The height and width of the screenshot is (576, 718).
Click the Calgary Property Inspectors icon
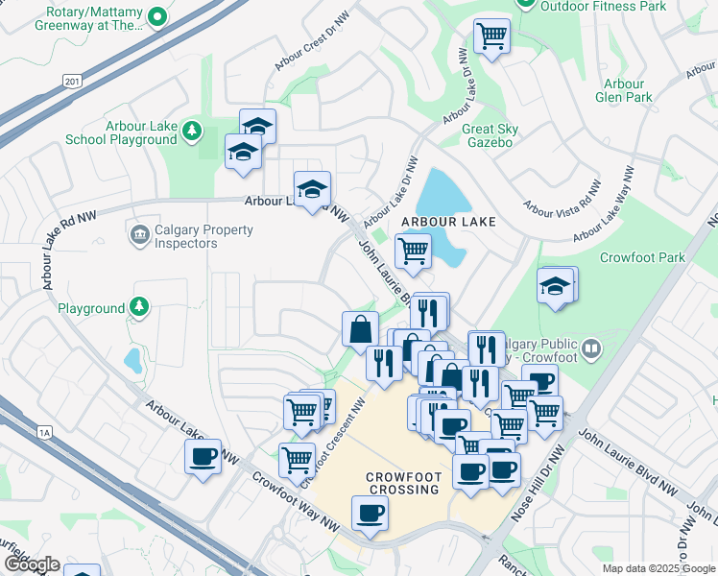coord(139,233)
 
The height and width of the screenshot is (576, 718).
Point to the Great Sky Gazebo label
coord(490,135)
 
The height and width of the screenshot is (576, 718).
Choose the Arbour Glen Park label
coord(624,90)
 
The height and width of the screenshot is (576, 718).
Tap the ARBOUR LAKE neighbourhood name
coord(448,222)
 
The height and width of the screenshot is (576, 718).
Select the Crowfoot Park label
coord(642,257)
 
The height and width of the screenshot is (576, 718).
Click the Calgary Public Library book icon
coord(592,348)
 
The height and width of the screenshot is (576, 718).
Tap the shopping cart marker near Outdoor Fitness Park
coord(491,36)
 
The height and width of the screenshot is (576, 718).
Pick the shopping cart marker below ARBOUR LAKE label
coord(413,251)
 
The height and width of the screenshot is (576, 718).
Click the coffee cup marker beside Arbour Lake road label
coord(203,457)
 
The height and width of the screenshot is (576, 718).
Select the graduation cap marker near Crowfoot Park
coord(556,285)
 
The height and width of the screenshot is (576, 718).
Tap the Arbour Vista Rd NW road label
coord(562,194)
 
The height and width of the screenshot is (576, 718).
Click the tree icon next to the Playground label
coord(140,307)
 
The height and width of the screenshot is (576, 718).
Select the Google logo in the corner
coord(31,564)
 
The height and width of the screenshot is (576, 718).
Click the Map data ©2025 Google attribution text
coord(658,568)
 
